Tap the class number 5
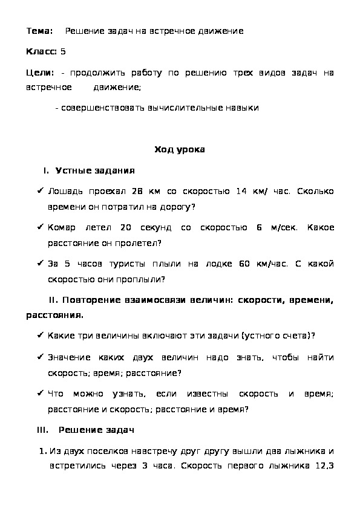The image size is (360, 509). click(63, 52)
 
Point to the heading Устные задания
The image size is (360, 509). click(95, 171)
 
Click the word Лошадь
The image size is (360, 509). click(64, 192)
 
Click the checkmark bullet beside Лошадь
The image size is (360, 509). click(39, 192)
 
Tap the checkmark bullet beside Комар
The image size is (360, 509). click(39, 228)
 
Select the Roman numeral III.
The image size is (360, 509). click(42, 430)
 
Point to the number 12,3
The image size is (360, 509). click(325, 467)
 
